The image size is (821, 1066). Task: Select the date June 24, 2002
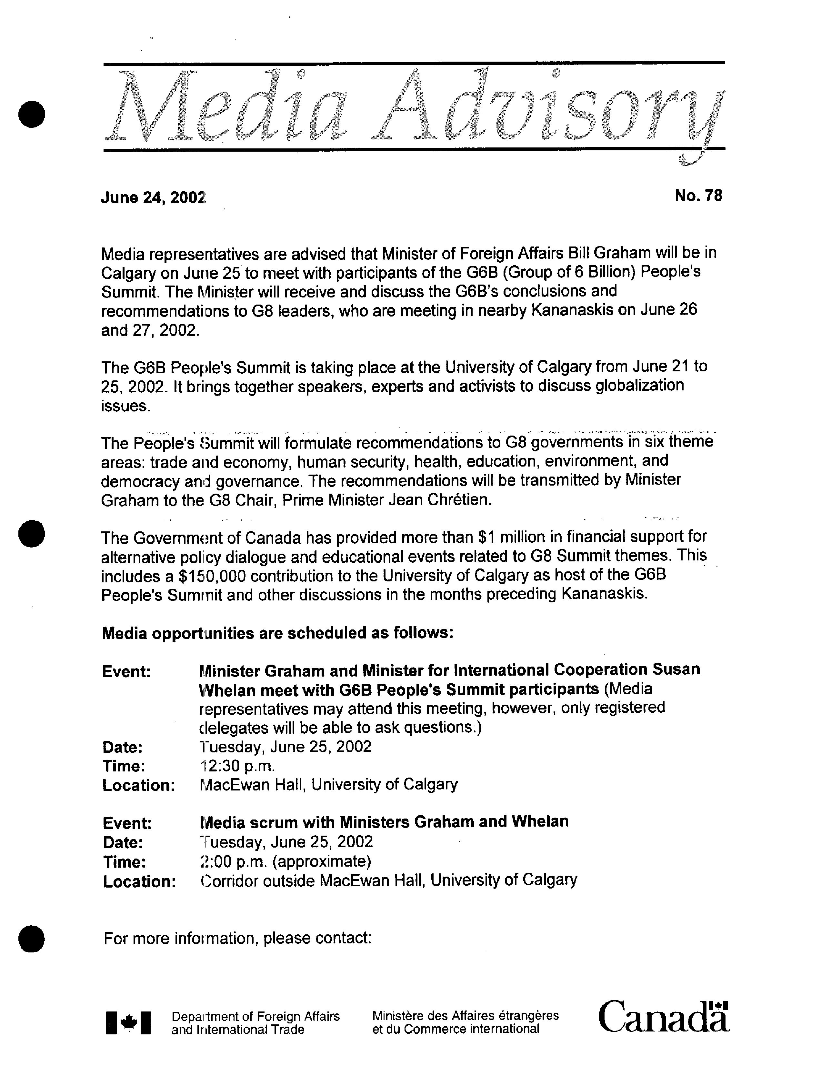point(153,198)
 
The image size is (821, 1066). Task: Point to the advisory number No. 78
point(698,196)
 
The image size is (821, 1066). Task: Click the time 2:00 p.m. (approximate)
point(285,861)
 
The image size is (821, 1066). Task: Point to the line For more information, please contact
point(238,938)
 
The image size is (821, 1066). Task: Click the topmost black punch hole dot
point(32,114)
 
